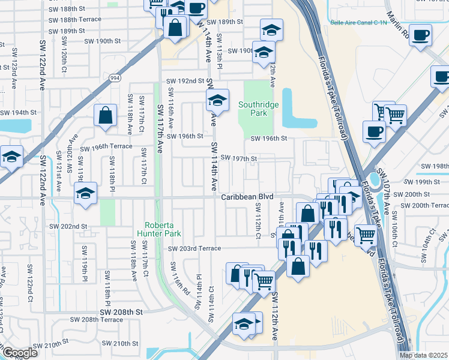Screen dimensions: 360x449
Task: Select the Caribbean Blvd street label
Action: tap(246, 197)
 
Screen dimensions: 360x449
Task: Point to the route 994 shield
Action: tap(115, 77)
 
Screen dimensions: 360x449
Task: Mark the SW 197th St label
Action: tap(239, 158)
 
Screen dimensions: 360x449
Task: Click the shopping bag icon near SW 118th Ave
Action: tap(105, 116)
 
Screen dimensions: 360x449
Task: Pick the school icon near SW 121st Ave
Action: tap(85, 194)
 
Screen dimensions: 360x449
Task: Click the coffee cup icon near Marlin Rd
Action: tap(421, 34)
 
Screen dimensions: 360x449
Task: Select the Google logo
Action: tap(20, 353)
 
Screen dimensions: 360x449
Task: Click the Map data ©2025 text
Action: tap(424, 355)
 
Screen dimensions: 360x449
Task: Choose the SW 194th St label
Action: tap(19, 113)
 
